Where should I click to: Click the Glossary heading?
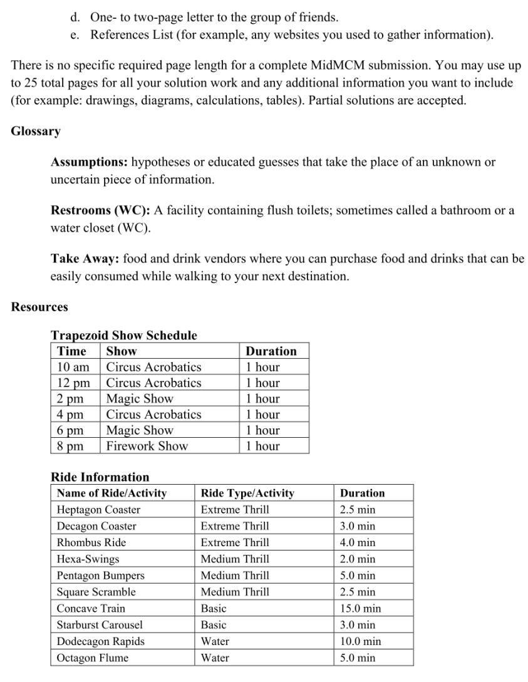[36, 132]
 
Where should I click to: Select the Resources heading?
[39, 307]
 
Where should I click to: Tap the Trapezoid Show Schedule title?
[123, 336]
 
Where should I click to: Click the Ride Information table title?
[100, 477]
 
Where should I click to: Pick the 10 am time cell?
[73, 367]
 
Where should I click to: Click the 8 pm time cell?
[70, 446]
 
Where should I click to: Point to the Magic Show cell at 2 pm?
[140, 398]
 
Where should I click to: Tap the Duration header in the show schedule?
[271, 351]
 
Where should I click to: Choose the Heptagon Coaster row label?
[98, 510]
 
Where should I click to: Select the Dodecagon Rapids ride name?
[100, 641]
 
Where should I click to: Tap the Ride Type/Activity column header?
[247, 493]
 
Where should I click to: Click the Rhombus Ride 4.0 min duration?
[357, 542]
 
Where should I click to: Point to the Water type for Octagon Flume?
[215, 658]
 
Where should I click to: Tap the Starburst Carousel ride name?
[100, 625]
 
